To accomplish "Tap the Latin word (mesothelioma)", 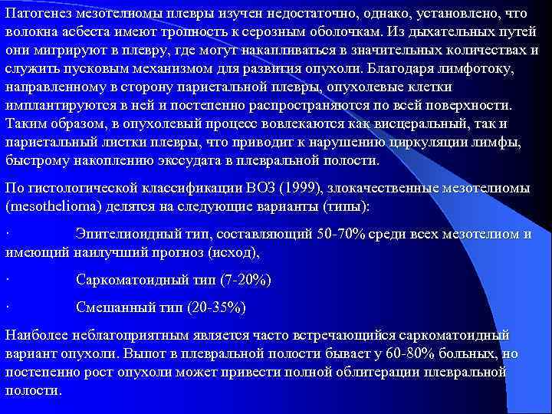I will pos(49,206).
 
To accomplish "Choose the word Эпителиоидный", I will pos(125,233).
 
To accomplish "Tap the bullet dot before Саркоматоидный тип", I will pos(7,279).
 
